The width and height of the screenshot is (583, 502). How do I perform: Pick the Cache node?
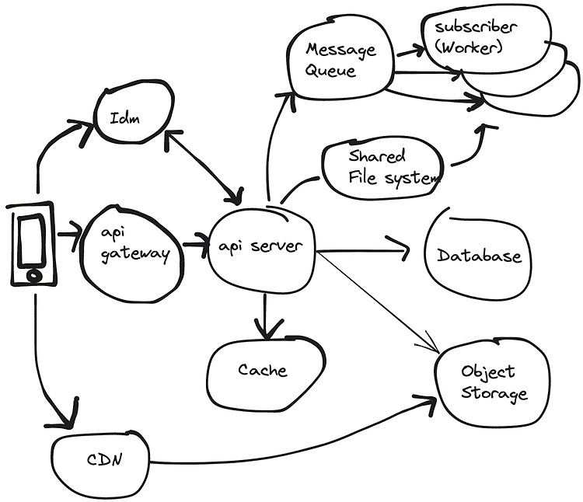click(263, 371)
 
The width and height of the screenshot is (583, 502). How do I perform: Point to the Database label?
click(479, 256)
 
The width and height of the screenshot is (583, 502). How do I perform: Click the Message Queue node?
click(340, 59)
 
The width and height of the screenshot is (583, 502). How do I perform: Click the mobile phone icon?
click(33, 242)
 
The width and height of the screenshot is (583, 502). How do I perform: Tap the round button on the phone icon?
click(33, 274)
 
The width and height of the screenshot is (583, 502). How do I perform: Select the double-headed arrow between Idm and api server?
click(204, 167)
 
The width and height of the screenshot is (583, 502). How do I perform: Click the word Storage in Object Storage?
click(494, 393)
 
